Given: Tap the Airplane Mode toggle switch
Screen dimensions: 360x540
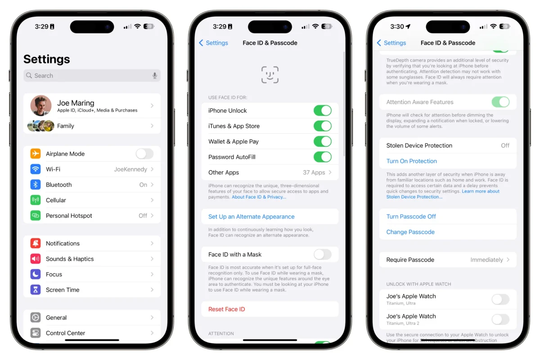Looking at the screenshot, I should tap(144, 154).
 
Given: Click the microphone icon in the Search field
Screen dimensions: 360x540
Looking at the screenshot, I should tap(155, 76).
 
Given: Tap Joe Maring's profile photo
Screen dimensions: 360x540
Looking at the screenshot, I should tap(40, 106).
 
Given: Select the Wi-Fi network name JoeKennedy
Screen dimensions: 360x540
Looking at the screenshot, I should tap(130, 169).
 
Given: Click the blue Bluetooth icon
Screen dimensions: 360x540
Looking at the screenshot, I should tap(36, 185).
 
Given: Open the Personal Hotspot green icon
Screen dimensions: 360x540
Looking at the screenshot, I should tap(36, 216).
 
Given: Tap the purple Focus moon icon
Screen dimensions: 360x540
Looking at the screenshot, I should tap(36, 274).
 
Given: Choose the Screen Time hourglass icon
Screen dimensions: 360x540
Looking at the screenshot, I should tap(36, 290).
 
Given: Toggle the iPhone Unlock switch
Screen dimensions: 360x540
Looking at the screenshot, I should tap(322, 111).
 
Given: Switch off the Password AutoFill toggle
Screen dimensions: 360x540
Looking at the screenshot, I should tap(322, 157).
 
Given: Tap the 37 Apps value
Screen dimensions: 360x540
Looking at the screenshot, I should tap(314, 172).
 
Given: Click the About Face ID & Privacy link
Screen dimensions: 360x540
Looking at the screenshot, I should tap(259, 197).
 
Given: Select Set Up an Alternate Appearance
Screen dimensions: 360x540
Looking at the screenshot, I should tap(251, 216).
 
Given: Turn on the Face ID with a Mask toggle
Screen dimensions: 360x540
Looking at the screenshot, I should tap(322, 255).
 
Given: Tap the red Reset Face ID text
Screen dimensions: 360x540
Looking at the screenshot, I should tap(226, 309).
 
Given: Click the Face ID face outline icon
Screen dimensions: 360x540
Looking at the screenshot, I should tap(270, 75).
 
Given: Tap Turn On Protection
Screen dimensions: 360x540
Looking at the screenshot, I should tap(411, 161).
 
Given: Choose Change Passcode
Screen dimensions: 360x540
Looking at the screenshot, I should tap(410, 232).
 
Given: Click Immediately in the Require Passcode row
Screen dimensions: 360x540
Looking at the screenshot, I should tap(486, 260).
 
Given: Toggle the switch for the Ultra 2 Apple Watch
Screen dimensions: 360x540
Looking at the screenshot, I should tap(500, 319).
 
